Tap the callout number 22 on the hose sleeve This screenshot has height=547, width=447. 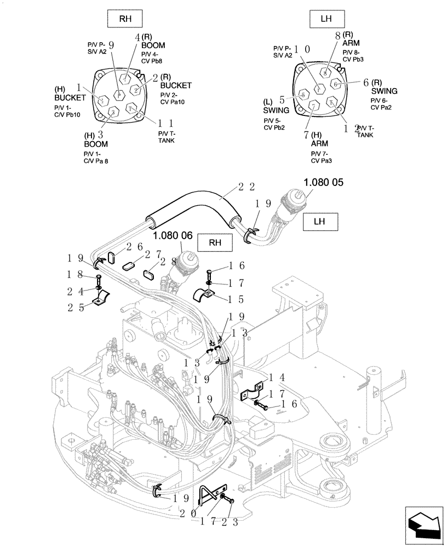[245, 187]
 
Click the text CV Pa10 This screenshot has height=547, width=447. [173, 102]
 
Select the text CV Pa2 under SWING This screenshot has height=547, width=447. [381, 107]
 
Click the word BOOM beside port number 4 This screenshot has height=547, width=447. [153, 45]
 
